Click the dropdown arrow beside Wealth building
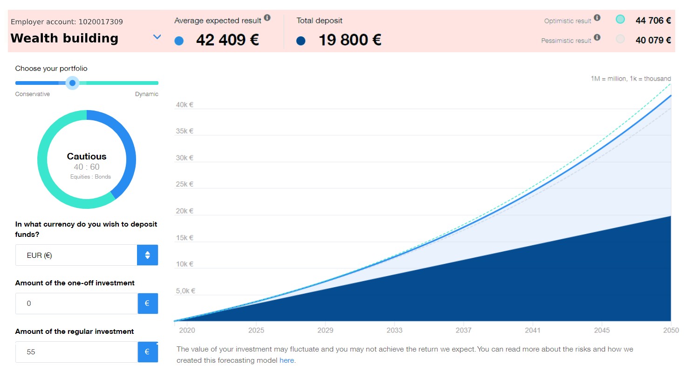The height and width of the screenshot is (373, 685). coord(157,37)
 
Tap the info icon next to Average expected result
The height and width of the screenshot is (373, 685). coord(267,18)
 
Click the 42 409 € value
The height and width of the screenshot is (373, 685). coord(227,40)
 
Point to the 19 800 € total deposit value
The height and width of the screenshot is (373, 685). coord(350,40)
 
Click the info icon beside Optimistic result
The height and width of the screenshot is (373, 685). coord(597,18)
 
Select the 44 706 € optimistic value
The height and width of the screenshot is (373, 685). coord(653,20)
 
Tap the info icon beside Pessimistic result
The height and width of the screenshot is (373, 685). coord(597,38)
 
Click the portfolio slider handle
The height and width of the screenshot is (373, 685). coord(72,83)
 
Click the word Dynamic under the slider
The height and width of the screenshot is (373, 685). coord(147,94)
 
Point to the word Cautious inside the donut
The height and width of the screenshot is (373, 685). coord(87,157)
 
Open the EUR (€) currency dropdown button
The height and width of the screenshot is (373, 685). coord(147,255)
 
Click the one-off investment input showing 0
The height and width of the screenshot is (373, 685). coord(76,304)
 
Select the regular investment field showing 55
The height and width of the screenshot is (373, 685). coord(76,352)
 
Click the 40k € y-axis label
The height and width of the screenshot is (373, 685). coord(185,105)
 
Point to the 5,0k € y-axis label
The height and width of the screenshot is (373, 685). coord(185,291)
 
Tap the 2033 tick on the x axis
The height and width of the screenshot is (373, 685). coord(394,330)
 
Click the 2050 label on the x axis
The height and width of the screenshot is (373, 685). coord(670,330)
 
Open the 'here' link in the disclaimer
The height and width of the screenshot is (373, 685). coord(287,360)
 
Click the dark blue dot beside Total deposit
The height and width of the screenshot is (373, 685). coord(301,41)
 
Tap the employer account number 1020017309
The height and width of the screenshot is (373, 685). coord(101,22)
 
